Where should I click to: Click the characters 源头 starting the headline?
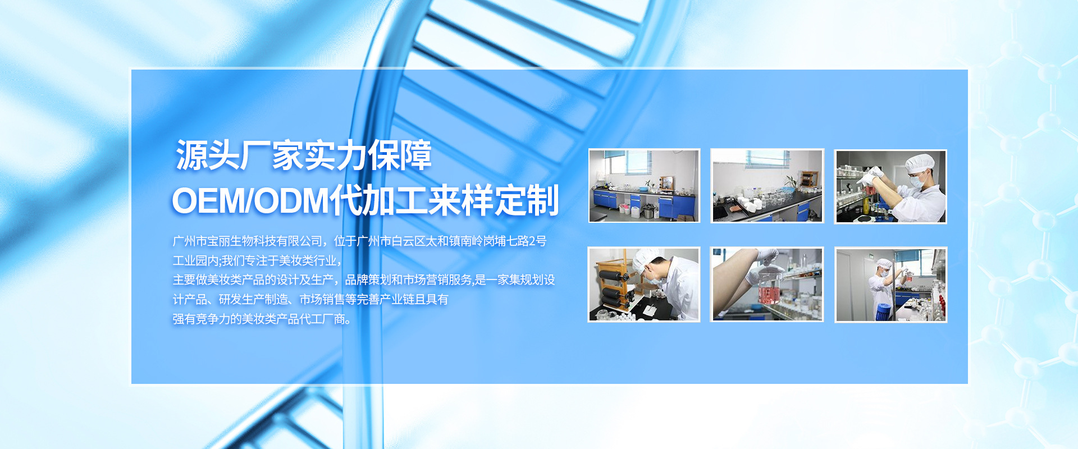pos(208,155)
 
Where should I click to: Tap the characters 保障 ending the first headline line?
pos(400,155)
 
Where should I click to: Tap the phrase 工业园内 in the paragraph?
pos(195,260)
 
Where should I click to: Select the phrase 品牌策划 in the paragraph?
pos(368,280)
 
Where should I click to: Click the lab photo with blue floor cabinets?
pos(644,186)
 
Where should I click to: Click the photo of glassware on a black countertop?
pos(767,186)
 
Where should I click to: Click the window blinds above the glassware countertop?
pos(767,159)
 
